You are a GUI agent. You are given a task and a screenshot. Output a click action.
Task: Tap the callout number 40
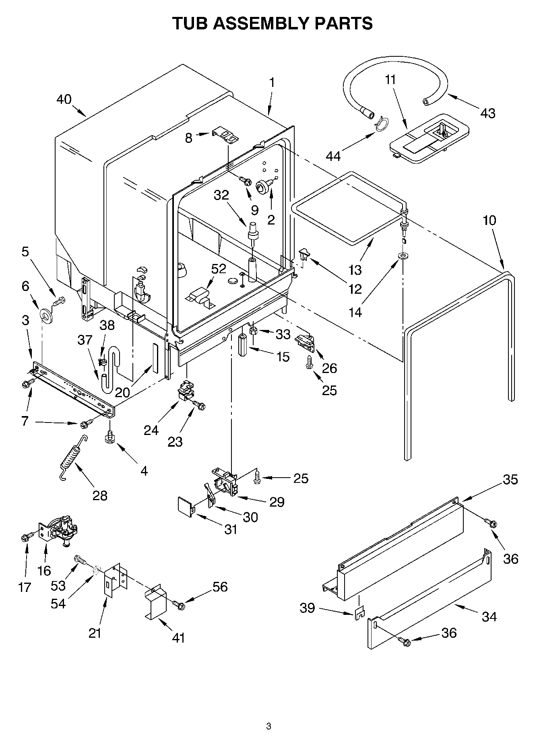[64, 99]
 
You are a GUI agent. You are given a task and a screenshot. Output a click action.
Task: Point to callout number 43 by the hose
[487, 113]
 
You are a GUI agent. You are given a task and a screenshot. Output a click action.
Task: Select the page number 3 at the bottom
[268, 726]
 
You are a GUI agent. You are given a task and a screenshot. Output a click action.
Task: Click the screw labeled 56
[178, 604]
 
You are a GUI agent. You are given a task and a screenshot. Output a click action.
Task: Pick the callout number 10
[489, 220]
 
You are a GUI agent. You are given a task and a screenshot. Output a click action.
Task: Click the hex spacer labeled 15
[243, 344]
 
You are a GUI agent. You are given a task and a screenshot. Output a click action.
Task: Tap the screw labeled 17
[25, 537]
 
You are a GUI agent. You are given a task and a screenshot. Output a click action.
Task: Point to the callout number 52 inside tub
[219, 269]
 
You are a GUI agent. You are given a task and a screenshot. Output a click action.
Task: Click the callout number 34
[489, 616]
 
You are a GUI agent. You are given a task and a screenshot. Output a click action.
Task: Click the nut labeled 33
[254, 331]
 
